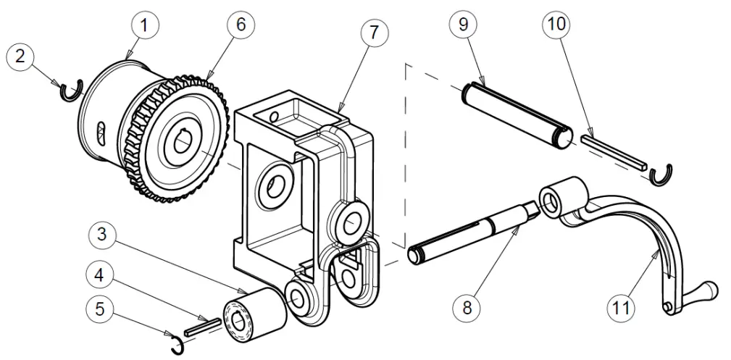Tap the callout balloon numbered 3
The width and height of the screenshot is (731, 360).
(x=102, y=235)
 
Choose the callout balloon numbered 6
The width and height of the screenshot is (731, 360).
(x=241, y=24)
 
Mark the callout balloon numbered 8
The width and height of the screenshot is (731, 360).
(x=466, y=308)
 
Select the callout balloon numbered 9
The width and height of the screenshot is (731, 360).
(x=462, y=24)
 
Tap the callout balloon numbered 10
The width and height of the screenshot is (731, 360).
(x=555, y=24)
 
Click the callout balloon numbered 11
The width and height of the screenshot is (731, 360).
(x=619, y=308)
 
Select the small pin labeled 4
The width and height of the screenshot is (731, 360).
(x=201, y=325)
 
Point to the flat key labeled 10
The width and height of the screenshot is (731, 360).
(x=612, y=148)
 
